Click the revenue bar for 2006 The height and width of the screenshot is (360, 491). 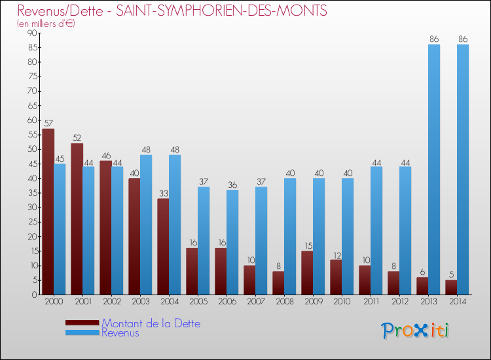click(232, 242)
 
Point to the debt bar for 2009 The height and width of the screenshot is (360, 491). click(307, 272)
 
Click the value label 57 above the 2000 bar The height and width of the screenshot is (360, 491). click(48, 124)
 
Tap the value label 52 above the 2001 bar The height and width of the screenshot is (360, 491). click(77, 138)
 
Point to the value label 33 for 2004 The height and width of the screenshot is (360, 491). click(163, 193)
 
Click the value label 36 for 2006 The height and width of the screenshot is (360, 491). click(232, 185)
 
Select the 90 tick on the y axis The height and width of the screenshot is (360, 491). click(31, 33)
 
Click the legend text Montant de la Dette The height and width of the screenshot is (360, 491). click(151, 323)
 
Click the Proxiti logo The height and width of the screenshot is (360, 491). click(414, 331)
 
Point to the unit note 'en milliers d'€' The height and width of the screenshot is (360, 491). click(46, 24)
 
